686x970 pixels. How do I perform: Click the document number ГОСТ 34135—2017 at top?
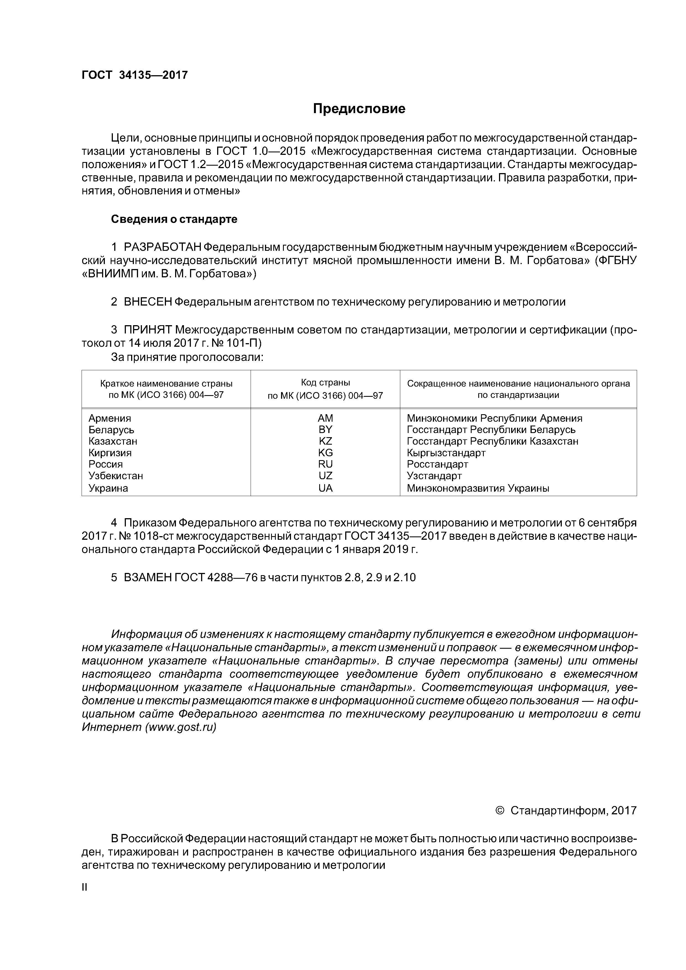[x=134, y=75]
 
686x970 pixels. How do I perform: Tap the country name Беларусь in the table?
[x=111, y=430]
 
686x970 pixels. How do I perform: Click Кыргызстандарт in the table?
[x=446, y=453]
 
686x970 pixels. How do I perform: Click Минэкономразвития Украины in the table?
[x=478, y=488]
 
